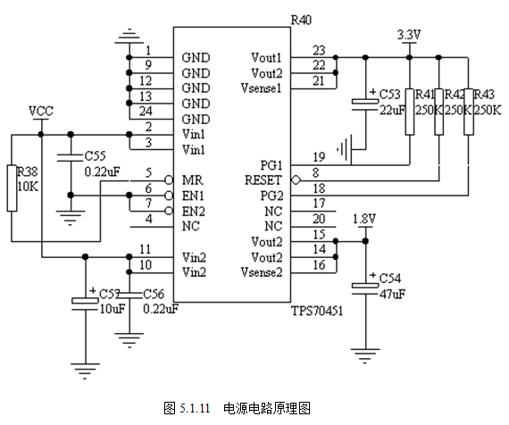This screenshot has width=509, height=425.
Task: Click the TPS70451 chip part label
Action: (317, 311)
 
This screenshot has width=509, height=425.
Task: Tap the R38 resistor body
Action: (12, 188)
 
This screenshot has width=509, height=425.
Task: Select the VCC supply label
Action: (41, 111)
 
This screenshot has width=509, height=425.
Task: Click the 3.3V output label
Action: (409, 35)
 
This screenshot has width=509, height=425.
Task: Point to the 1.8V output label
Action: (364, 219)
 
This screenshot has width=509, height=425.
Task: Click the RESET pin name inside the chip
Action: (263, 180)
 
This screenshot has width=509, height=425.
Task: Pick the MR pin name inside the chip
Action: (193, 180)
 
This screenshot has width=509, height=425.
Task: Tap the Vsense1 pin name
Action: (261, 88)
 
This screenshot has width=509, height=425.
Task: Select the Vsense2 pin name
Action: (262, 272)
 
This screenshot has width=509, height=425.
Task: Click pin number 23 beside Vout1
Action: (319, 51)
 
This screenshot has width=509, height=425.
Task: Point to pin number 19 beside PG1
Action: (319, 157)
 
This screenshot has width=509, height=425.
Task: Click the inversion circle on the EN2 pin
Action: (169, 211)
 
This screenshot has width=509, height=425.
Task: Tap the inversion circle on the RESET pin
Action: (296, 179)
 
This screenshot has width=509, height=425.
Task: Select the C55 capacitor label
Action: (96, 156)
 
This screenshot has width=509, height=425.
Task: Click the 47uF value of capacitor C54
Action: (392, 294)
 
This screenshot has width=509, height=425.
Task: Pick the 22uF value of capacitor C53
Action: (392, 111)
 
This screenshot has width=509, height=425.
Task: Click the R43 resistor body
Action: (469, 112)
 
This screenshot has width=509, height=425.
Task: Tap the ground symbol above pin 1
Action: (129, 36)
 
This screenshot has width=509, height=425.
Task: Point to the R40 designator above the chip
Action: (301, 21)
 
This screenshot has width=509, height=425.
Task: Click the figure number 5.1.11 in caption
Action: (195, 408)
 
